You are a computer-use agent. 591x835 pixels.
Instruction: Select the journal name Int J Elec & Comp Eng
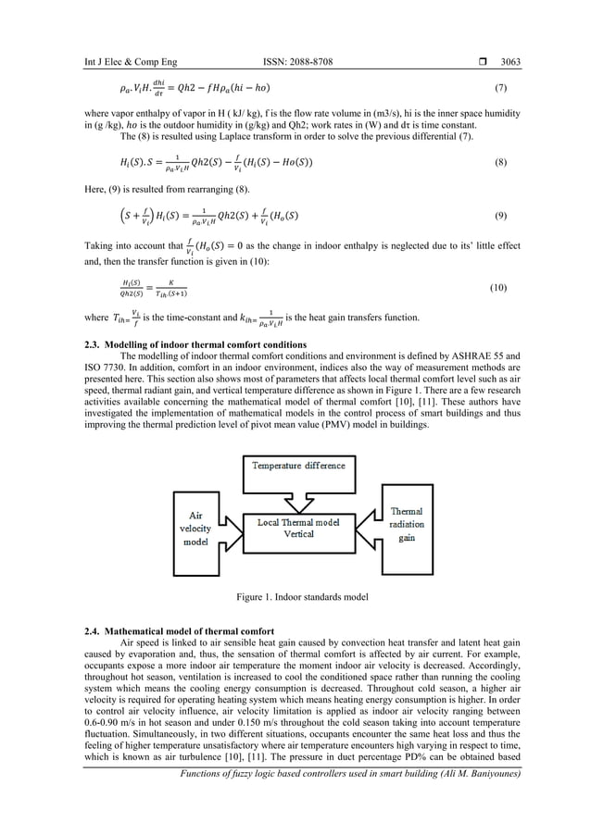click(110, 62)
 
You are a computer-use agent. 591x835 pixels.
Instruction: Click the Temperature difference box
click(297, 465)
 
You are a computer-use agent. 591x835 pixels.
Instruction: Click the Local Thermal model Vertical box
click(298, 528)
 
